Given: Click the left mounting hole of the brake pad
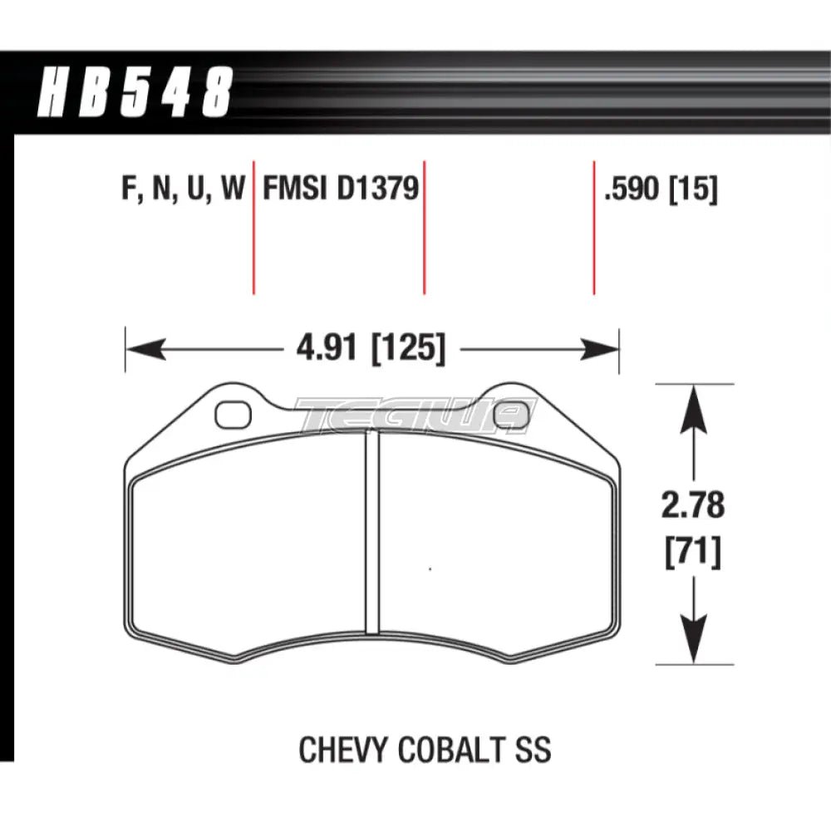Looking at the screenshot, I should (x=232, y=413).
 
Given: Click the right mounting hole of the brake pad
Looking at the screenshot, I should (x=509, y=413).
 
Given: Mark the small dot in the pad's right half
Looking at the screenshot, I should (x=430, y=569).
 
